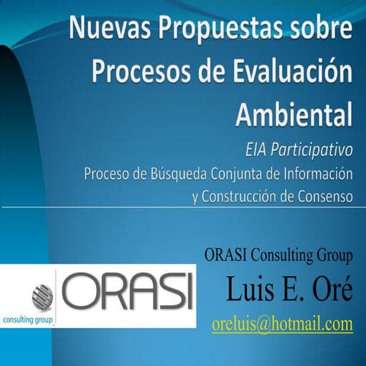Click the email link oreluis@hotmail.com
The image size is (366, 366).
pyautogui.click(x=282, y=323)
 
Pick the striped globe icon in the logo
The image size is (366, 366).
pyautogui.click(x=43, y=295)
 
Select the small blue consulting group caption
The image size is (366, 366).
pyautogui.click(x=28, y=319)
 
